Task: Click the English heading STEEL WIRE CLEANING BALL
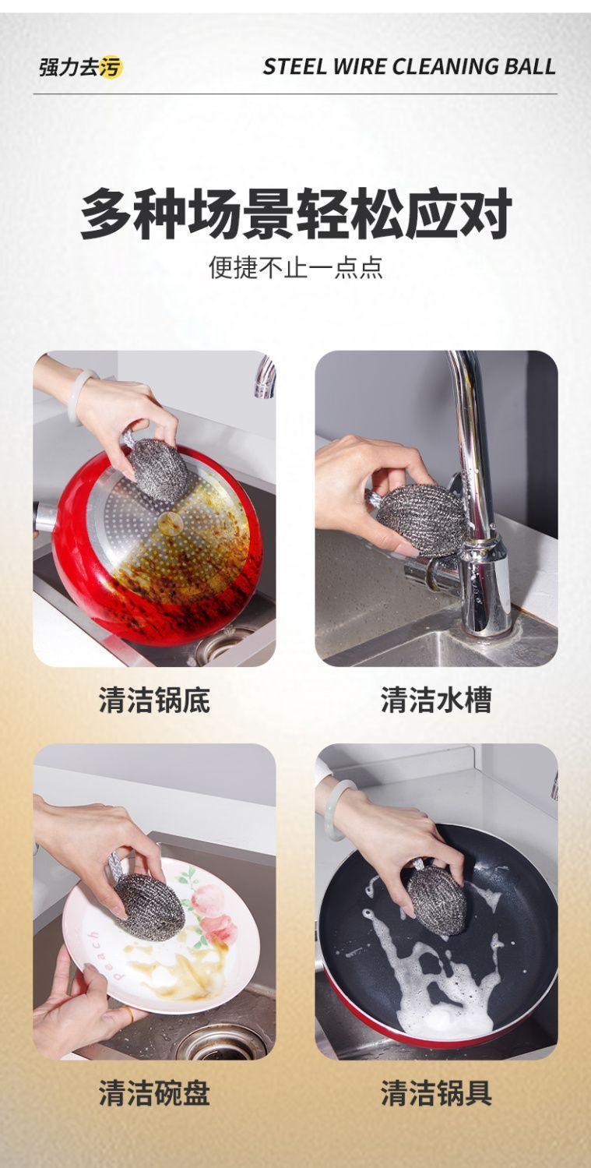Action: click(x=409, y=67)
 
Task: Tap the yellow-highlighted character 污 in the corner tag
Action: click(x=111, y=67)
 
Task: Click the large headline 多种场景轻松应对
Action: click(x=296, y=213)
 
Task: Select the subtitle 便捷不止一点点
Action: click(x=296, y=267)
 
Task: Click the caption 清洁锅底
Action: click(x=154, y=700)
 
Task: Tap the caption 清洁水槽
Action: click(x=436, y=700)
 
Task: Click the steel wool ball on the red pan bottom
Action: click(x=157, y=469)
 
